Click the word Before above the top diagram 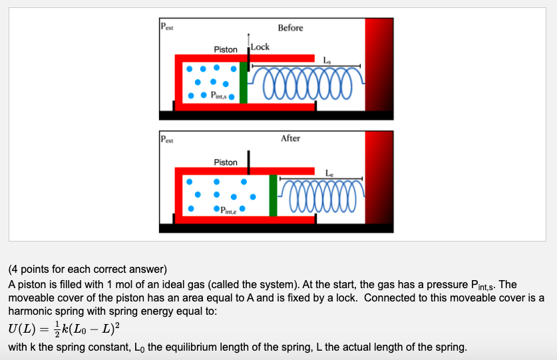[x=290, y=28]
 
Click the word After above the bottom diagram [x=290, y=138]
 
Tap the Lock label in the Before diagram [x=260, y=47]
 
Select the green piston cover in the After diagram [x=273, y=196]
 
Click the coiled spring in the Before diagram [x=307, y=83]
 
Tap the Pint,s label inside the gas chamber [x=218, y=94]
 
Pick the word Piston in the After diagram [x=226, y=162]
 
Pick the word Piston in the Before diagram [x=226, y=50]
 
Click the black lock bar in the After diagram [x=248, y=159]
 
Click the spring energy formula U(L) [x=64, y=329]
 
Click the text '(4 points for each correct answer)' [x=87, y=270]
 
